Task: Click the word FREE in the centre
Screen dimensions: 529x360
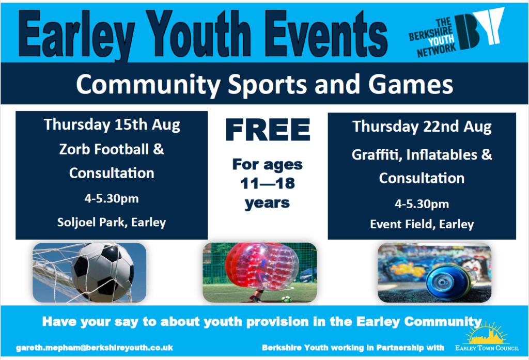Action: pyautogui.click(x=268, y=130)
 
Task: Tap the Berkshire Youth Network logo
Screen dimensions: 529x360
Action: pyautogui.click(x=456, y=32)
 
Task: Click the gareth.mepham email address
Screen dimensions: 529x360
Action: pyautogui.click(x=95, y=348)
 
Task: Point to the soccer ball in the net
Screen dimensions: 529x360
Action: pyautogui.click(x=103, y=272)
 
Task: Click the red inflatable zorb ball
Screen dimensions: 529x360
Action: pyautogui.click(x=262, y=267)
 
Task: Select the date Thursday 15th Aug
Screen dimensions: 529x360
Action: pyautogui.click(x=112, y=124)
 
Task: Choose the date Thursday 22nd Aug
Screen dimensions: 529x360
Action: pyautogui.click(x=422, y=127)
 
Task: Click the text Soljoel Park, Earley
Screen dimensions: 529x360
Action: pyautogui.click(x=112, y=222)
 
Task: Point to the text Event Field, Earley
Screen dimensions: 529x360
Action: pyautogui.click(x=422, y=224)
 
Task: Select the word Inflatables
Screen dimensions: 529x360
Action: pyautogui.click(x=442, y=155)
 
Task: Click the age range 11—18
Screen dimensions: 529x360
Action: pyautogui.click(x=267, y=183)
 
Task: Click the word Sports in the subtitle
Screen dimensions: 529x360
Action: pyautogui.click(x=267, y=85)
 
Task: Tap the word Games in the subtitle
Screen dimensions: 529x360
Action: pyautogui.click(x=410, y=84)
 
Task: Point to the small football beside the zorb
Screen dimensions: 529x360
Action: pyautogui.click(x=286, y=299)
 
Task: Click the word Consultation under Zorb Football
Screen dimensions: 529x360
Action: pyautogui.click(x=112, y=173)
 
